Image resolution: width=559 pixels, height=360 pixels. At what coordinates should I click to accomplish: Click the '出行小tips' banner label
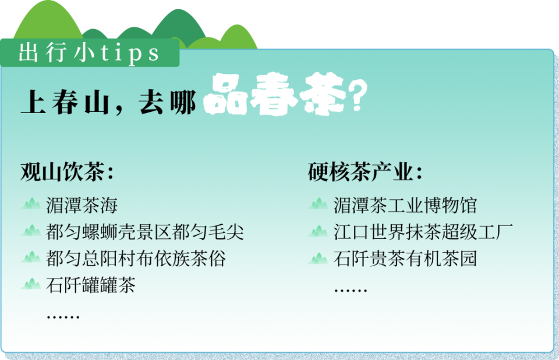tap(89, 54)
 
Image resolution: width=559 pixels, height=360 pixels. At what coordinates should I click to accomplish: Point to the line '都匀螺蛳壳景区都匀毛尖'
tap(144, 232)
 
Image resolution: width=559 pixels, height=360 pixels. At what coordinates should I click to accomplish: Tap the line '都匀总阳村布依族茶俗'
tap(135, 259)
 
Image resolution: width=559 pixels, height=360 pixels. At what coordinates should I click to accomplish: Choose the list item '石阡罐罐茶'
tap(90, 285)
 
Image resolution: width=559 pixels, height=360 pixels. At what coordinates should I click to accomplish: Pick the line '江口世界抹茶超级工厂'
tap(423, 232)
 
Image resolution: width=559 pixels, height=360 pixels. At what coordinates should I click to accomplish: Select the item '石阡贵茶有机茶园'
tap(405, 259)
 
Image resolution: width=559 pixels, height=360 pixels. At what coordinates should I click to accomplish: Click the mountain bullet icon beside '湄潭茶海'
tap(31, 204)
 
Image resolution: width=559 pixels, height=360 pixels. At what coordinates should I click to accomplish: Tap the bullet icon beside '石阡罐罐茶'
tap(31, 285)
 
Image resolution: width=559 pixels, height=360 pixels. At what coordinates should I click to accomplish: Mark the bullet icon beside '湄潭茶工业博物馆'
tap(318, 204)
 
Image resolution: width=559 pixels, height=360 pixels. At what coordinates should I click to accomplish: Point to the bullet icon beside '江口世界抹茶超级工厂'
tap(318, 231)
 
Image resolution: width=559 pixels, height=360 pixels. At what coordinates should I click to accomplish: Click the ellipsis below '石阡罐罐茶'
tap(62, 316)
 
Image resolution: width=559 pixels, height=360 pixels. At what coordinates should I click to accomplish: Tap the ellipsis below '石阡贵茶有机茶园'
tap(350, 290)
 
